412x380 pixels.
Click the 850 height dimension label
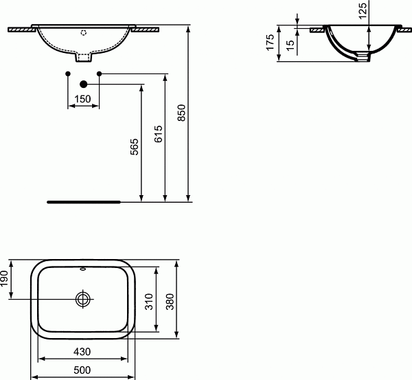[x=181, y=114]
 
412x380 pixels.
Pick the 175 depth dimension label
[x=271, y=43]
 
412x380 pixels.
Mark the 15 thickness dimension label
[x=290, y=46]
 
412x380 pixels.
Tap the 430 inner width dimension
[x=82, y=352]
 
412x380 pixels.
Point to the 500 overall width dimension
[x=82, y=371]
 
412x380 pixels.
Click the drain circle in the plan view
[x=83, y=300]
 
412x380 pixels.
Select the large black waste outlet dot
[x=83, y=84]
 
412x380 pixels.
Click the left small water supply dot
[x=67, y=73]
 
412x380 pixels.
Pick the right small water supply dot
[x=100, y=73]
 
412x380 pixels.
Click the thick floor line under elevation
[x=83, y=202]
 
